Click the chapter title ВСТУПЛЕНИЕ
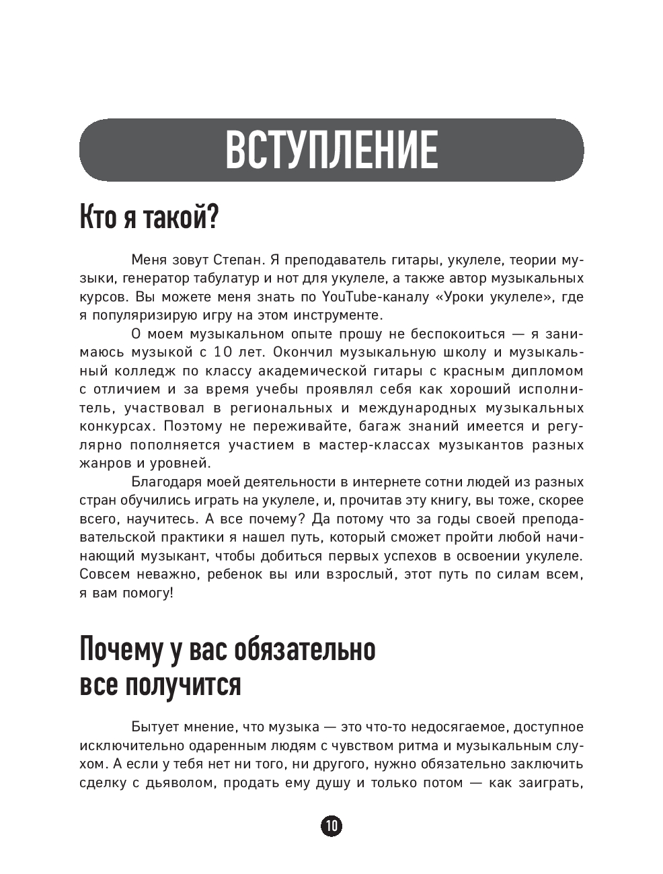pyautogui.click(x=331, y=150)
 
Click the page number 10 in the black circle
pyautogui.click(x=331, y=826)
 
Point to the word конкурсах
pyautogui.click(x=114, y=427)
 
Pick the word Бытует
pyautogui.click(x=154, y=727)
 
